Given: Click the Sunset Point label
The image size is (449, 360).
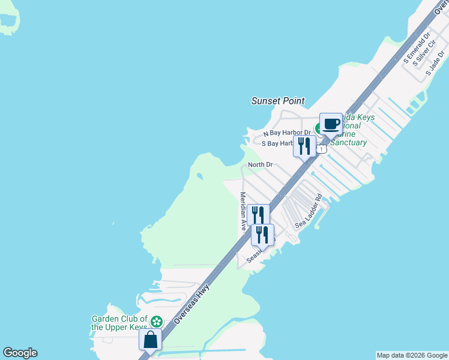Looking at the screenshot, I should click(x=278, y=101).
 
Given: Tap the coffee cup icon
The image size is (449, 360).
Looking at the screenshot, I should click(x=331, y=124).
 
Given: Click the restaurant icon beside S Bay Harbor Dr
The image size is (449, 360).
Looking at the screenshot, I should click(x=304, y=145).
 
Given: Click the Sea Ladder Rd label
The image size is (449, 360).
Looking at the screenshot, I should click(x=309, y=211).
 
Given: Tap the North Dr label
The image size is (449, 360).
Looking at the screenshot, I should click(x=261, y=164).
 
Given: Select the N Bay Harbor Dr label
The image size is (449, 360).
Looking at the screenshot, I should click(x=288, y=133).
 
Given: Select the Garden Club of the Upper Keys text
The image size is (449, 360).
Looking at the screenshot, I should click(x=119, y=323).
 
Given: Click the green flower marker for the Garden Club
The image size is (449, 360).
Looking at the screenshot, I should click(x=156, y=322).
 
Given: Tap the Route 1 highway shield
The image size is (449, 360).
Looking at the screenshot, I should click(x=322, y=149).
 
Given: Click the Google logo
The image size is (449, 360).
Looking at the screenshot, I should click(x=20, y=353).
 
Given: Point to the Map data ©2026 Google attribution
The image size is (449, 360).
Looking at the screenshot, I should click(x=412, y=355).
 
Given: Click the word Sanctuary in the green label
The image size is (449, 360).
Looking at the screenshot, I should click(x=348, y=143).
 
